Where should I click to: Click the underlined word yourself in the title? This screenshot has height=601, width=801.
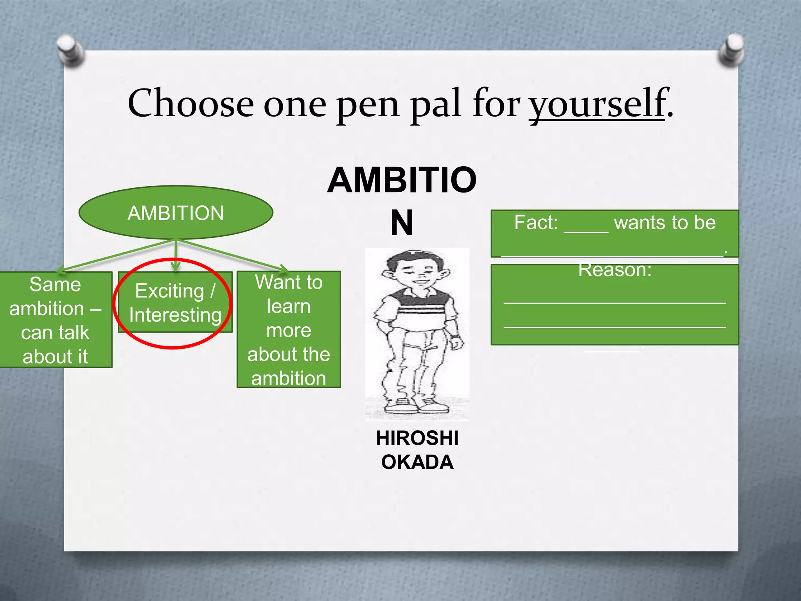597,104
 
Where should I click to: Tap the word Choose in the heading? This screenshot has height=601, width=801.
190,103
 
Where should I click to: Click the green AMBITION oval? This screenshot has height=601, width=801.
176,213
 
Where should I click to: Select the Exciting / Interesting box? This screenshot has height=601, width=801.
175,302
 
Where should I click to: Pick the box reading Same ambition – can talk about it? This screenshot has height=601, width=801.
55,320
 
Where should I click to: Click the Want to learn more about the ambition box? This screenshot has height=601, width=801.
289,329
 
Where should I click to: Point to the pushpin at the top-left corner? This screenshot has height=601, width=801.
70,50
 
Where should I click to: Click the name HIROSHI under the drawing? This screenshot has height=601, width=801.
417,438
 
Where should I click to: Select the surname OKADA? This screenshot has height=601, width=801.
417,462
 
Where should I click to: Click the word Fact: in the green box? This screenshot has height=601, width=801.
536,223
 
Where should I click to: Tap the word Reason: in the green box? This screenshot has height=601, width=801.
615,270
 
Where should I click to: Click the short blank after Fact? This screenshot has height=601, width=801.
586,227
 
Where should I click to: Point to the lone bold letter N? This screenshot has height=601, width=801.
402,223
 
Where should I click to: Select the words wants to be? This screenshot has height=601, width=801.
665,223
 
